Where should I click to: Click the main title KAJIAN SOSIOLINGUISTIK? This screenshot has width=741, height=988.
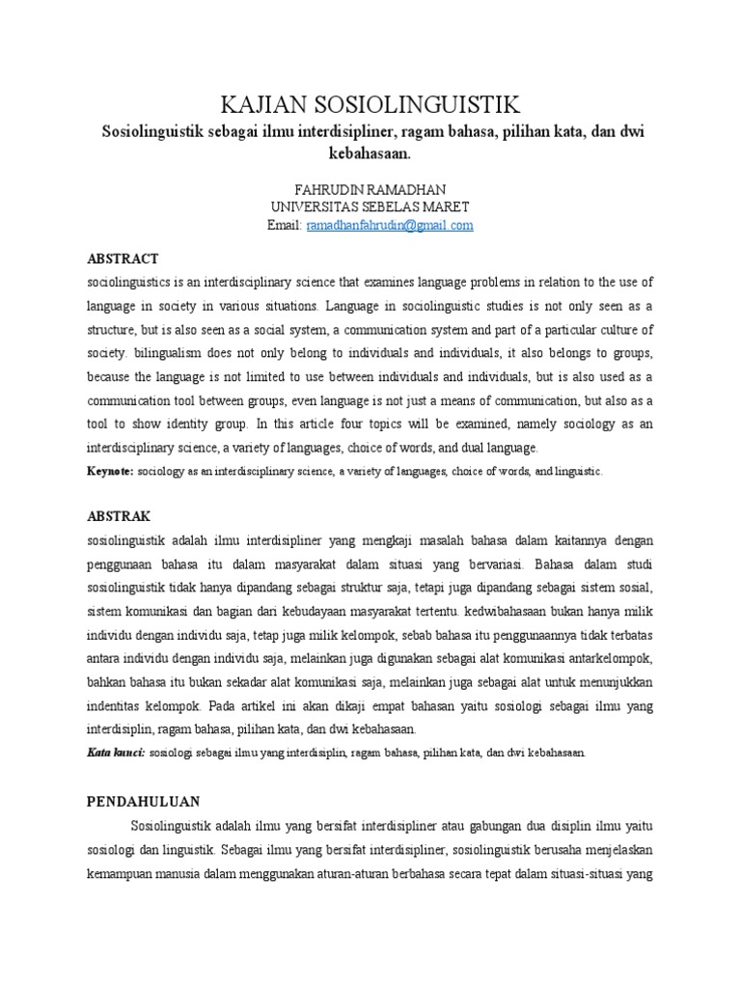370,104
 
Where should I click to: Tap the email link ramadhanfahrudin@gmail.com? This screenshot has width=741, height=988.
390,225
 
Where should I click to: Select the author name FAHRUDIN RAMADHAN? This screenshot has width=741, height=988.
370,190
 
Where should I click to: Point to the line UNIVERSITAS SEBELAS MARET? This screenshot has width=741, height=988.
370,207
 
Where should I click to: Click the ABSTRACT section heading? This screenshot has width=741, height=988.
123,260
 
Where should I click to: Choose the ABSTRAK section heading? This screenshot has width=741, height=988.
120,516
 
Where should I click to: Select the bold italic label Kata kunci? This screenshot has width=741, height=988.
116,752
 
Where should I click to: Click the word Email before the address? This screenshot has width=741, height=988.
285,225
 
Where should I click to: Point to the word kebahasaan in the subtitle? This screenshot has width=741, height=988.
370,152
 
